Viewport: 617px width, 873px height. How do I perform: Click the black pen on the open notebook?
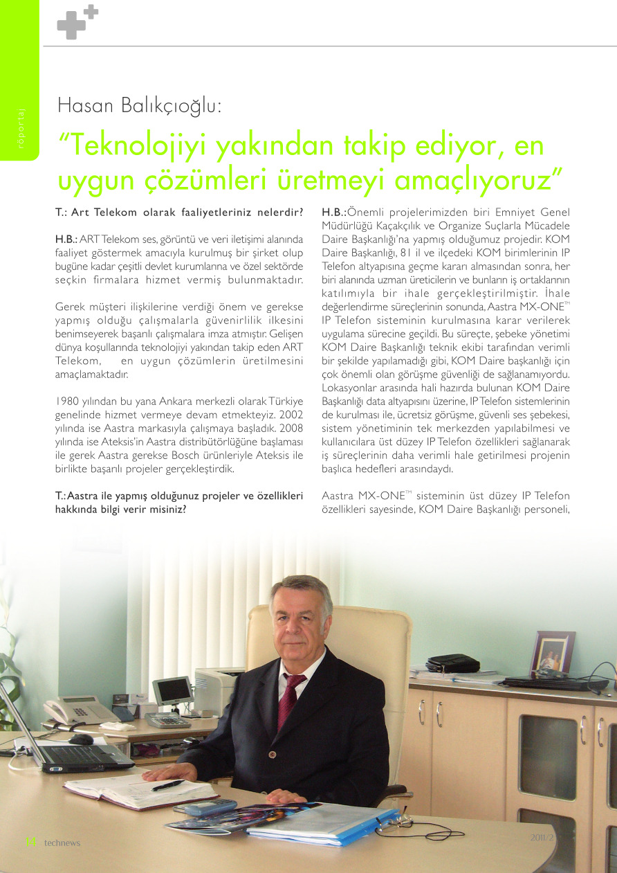167,785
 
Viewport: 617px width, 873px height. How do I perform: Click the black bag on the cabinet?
453,664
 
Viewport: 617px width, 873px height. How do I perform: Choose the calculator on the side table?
167,720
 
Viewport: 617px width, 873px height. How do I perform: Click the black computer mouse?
81,739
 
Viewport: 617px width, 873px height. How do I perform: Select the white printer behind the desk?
217,690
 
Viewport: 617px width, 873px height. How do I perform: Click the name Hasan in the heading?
87,107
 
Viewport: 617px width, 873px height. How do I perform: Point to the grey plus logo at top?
77,22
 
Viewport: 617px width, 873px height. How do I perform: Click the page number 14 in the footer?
30,842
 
